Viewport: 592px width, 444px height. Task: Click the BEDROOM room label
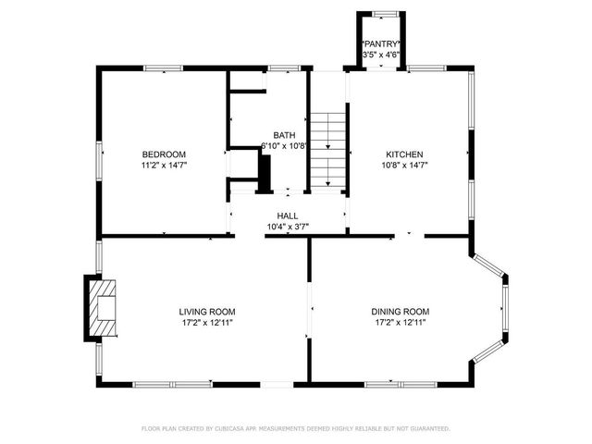point(164,154)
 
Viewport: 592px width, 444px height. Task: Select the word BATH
point(283,135)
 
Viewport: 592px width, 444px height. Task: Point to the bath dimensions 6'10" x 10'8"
point(284,146)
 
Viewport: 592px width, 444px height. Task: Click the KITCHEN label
point(404,154)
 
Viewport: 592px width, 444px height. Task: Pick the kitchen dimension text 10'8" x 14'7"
point(404,165)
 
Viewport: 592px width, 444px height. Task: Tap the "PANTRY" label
point(381,44)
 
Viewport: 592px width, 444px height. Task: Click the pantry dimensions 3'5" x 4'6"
point(381,55)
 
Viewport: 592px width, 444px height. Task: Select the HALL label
point(288,216)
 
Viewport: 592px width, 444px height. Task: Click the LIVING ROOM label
point(207,312)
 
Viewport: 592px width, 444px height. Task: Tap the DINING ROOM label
point(401,312)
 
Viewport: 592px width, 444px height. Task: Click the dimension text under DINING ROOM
point(401,323)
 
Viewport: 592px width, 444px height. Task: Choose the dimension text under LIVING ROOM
point(207,323)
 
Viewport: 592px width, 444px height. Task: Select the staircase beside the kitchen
point(327,149)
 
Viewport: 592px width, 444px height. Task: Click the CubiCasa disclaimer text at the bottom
point(296,428)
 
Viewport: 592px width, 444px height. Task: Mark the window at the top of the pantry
point(380,13)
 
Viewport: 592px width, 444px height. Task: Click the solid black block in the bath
point(265,173)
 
